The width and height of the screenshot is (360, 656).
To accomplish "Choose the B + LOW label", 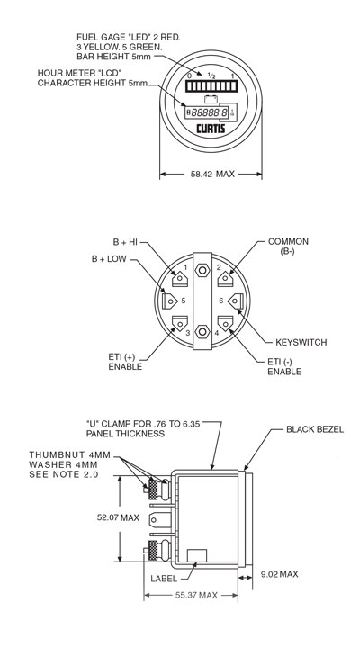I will click(x=110, y=259).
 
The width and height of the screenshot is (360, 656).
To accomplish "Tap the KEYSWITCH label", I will click(x=301, y=343).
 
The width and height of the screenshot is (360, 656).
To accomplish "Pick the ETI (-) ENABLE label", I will click(x=284, y=365).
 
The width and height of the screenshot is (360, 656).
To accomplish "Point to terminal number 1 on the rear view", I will click(x=185, y=267).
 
